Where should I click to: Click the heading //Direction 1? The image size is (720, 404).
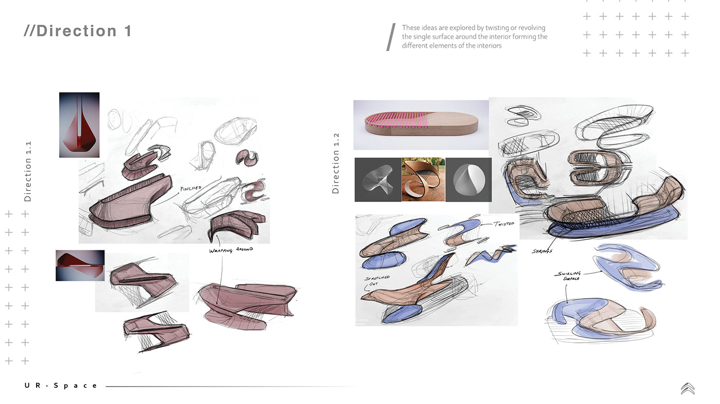[x=78, y=31]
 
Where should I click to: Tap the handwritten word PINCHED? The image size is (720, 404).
[x=191, y=188]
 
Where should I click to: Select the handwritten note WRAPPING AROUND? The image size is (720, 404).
[x=231, y=250]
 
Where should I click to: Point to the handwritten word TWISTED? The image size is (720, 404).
[x=503, y=224]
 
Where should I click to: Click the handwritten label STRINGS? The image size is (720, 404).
[x=542, y=251]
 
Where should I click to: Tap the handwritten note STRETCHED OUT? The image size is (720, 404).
[x=376, y=280]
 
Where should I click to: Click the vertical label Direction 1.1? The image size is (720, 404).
[x=28, y=172]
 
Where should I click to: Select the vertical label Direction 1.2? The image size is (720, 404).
[x=335, y=163]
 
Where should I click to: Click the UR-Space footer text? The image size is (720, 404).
[x=61, y=385]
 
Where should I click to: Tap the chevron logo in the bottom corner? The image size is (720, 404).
[x=688, y=389]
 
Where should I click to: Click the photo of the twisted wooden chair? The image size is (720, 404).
[x=423, y=179]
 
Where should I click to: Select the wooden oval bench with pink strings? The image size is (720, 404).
[x=421, y=125]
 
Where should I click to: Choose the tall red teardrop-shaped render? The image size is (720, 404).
[x=79, y=125]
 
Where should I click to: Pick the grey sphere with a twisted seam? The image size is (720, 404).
[x=469, y=179]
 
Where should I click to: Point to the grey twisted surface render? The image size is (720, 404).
[x=378, y=179]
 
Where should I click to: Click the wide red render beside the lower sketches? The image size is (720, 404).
[x=80, y=266]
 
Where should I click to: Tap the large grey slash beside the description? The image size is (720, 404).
[x=391, y=37]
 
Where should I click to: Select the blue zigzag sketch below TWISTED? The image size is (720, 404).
[x=490, y=255]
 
